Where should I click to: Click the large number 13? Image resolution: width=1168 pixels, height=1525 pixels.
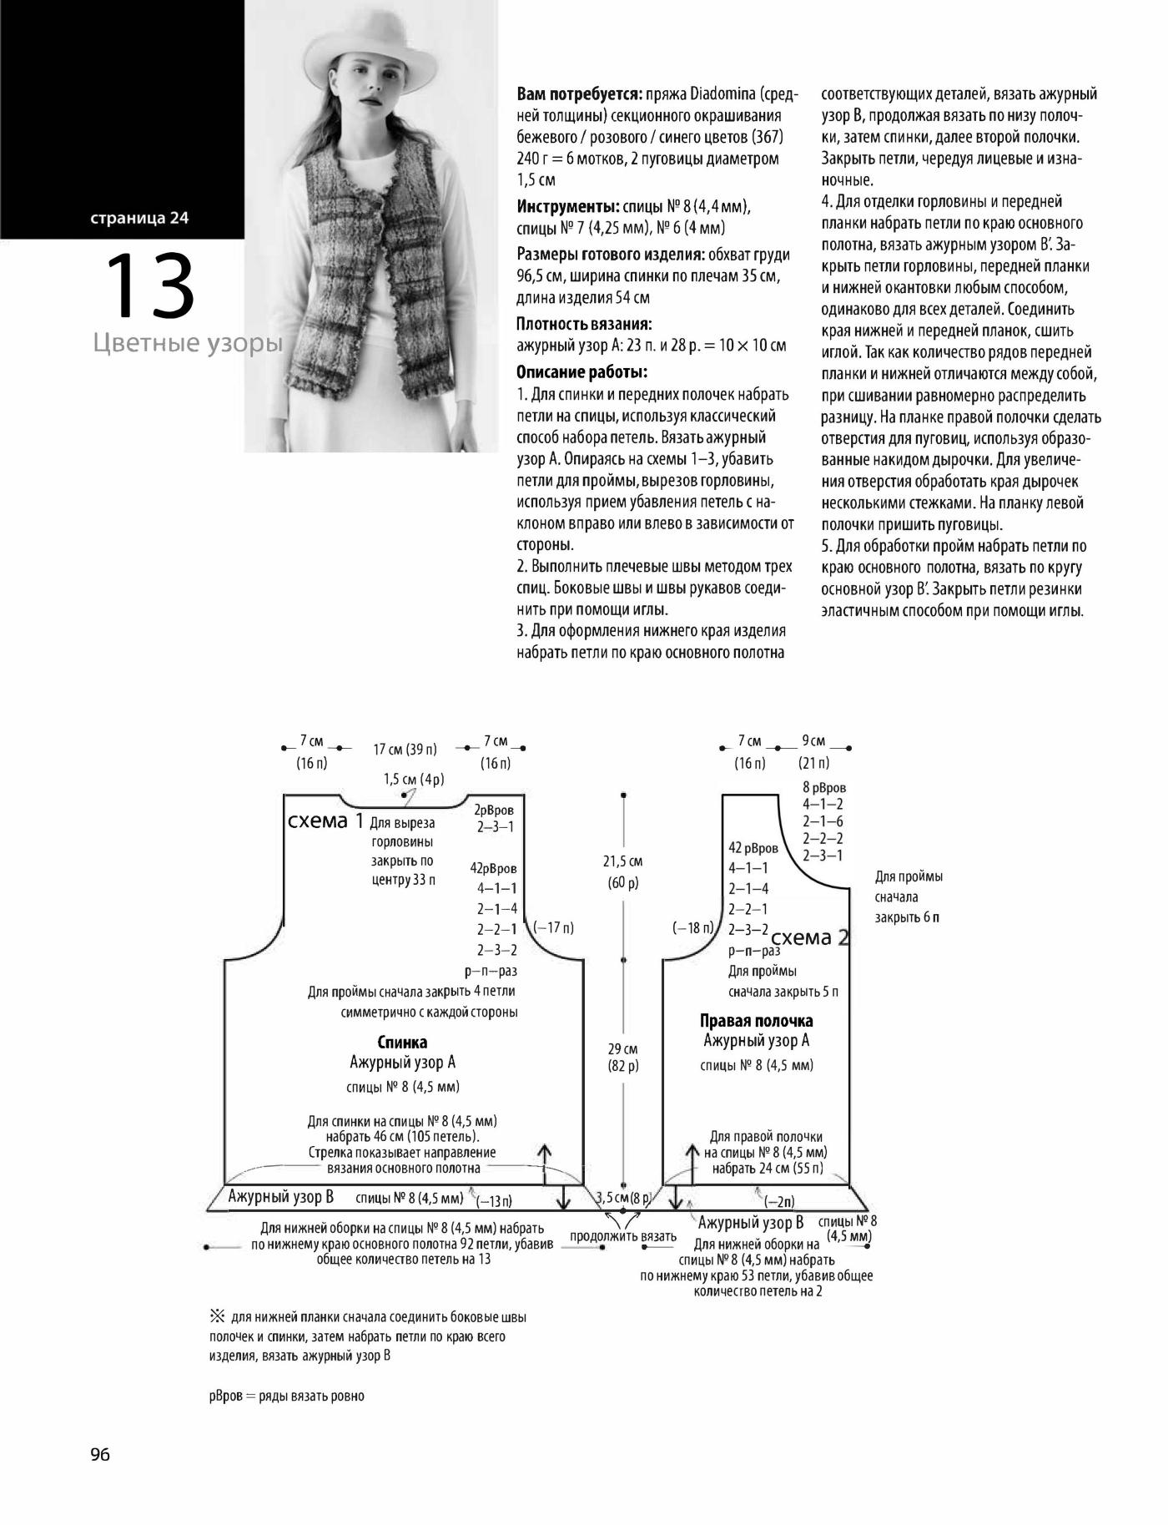(x=150, y=286)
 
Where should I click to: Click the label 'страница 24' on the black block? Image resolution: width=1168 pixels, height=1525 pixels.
(x=140, y=219)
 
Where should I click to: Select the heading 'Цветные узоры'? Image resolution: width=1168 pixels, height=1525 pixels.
(x=188, y=343)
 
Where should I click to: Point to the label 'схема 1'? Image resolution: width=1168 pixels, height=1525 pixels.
(x=325, y=821)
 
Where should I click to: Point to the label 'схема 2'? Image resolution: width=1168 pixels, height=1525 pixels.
(x=809, y=937)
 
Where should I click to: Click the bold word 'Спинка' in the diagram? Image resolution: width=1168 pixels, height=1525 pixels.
(x=402, y=1043)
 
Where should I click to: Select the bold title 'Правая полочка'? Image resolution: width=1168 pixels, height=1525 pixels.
(x=756, y=1021)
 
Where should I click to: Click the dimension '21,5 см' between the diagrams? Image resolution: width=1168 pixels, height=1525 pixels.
(x=622, y=861)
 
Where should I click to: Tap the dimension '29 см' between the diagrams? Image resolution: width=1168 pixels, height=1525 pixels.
(x=622, y=1049)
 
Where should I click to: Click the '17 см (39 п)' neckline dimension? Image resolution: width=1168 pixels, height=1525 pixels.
(x=405, y=750)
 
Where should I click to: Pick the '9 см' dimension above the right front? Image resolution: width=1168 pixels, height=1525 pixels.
(x=813, y=741)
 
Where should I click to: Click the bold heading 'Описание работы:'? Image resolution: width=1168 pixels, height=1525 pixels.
(x=582, y=372)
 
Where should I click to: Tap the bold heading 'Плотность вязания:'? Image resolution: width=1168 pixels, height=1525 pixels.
(x=584, y=324)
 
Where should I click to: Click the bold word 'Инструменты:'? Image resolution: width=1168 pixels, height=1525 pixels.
(x=568, y=206)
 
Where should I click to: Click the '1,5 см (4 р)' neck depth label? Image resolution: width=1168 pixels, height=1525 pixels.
(x=414, y=780)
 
